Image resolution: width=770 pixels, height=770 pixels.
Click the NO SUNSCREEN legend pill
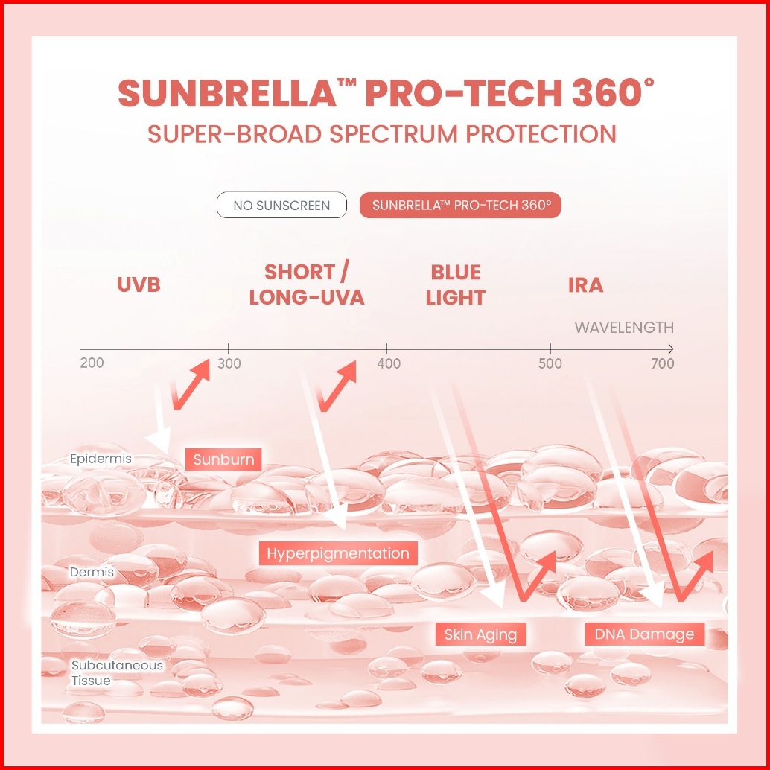(x=281, y=205)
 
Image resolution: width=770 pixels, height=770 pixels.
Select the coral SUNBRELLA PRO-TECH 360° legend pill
(x=460, y=205)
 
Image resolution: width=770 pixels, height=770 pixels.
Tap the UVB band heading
(x=139, y=284)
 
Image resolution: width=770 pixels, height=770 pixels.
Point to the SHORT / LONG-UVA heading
(x=306, y=284)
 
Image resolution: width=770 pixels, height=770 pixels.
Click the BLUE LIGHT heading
(x=455, y=284)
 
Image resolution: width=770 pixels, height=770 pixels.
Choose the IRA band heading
(x=585, y=284)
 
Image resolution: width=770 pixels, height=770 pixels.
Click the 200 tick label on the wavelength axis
(x=92, y=363)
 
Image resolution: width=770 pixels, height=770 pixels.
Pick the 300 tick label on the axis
(x=229, y=363)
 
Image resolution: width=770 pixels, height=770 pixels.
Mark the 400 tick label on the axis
(x=389, y=363)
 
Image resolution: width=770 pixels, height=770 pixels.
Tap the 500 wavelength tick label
(x=550, y=363)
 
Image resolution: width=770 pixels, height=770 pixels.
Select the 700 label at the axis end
(x=663, y=363)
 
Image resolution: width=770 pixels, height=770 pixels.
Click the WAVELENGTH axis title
(x=624, y=328)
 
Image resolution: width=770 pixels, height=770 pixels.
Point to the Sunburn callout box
(x=223, y=459)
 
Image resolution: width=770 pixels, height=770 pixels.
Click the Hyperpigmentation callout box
(x=338, y=553)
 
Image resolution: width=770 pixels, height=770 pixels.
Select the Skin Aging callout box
(x=481, y=634)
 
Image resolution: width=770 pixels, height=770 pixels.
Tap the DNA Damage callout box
(x=644, y=634)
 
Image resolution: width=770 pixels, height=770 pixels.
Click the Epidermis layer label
(x=101, y=459)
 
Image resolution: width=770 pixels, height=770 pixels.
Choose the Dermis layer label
(x=92, y=572)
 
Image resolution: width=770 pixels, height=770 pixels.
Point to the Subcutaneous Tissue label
(x=116, y=672)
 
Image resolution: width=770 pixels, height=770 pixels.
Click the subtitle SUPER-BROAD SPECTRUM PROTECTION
(x=382, y=134)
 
